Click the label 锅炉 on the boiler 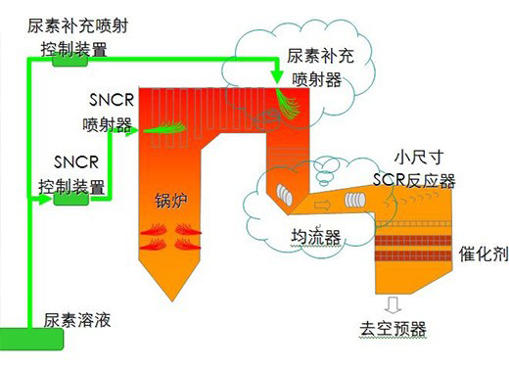point(170,201)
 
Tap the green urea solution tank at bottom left point(31,339)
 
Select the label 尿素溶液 point(77,320)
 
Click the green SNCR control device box point(70,199)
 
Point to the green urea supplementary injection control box point(69,61)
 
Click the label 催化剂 point(484,253)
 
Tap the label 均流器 point(316,237)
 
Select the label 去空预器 point(393,329)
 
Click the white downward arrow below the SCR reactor point(393,305)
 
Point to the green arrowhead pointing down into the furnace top point(278,75)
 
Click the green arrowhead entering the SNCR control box point(45,199)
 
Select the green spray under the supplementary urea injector point(287,103)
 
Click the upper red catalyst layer point(413,241)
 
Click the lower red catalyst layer point(413,255)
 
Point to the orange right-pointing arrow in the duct point(322,206)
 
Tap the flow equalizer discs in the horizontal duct point(355,200)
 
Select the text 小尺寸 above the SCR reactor point(419,158)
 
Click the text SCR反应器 point(414,180)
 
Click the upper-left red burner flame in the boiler point(154,229)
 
